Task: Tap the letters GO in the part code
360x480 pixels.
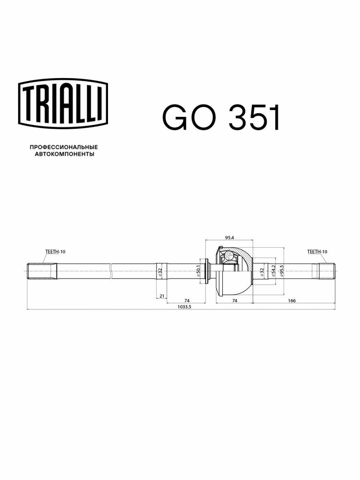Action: tap(189, 118)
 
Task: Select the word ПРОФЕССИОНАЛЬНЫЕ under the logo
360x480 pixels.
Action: tap(64, 147)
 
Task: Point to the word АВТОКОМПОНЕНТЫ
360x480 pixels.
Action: tap(64, 154)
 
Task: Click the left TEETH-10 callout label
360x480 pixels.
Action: tap(55, 252)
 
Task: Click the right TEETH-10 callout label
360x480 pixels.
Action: tap(317, 252)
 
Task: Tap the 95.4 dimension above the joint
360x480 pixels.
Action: tap(229, 238)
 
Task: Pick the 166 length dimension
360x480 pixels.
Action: tap(292, 300)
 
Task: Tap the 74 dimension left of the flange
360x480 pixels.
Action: tap(186, 300)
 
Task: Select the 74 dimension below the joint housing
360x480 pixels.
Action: tap(234, 300)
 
